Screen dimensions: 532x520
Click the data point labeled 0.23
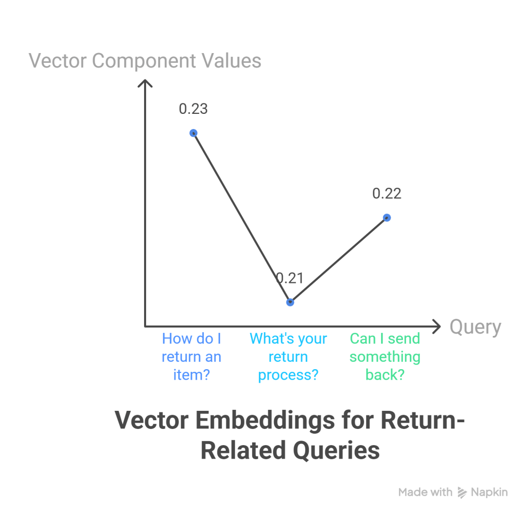[193, 133]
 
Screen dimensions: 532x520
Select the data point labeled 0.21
[290, 302]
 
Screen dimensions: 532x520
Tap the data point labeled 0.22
[387, 218]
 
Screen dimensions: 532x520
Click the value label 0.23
[193, 109]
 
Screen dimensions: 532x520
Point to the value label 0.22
[387, 193]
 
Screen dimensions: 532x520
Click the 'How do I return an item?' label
[191, 357]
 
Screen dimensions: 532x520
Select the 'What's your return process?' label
[289, 357]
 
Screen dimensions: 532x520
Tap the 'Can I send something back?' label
[385, 357]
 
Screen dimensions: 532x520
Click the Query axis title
[475, 327]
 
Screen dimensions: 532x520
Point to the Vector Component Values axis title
[145, 61]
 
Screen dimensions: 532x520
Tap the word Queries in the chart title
[336, 450]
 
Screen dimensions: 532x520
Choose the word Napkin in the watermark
[489, 492]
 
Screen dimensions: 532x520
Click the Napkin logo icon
[462, 492]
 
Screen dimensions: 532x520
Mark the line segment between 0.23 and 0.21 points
[242, 218]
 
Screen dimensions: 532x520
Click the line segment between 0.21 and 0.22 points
[339, 260]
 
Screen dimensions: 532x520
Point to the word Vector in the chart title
[151, 420]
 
